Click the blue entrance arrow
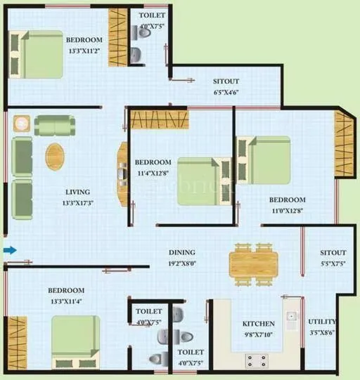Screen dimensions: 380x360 point(9,250)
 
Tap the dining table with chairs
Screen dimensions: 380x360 point(254,264)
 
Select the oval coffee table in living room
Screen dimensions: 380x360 point(54,157)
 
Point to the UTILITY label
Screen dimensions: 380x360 point(322,322)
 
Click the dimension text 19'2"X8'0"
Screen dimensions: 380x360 point(181,263)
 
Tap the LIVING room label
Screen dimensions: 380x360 point(77,192)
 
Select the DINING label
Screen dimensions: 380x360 point(181,252)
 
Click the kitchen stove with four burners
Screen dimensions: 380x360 point(256,360)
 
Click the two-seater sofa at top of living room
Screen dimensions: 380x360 point(55,125)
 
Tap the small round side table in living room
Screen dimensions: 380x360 point(22,124)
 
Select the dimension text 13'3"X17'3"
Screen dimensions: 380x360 point(77,203)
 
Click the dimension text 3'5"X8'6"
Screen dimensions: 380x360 point(322,333)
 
